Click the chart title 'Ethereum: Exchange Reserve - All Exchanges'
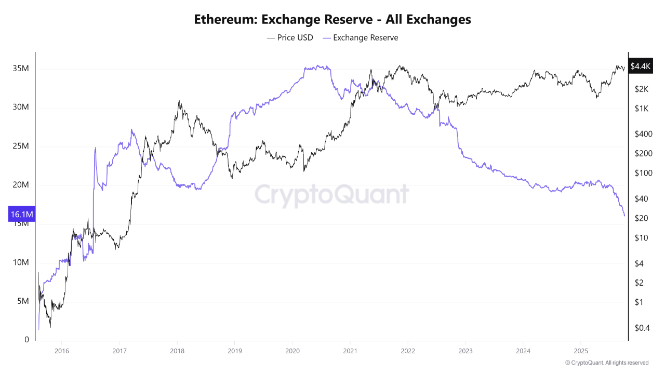coord(332,20)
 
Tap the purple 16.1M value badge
coord(22,214)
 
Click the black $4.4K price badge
coord(640,66)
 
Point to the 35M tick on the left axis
coord(21,69)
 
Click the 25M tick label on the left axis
coord(21,146)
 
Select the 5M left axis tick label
coord(23,301)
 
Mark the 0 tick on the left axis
coord(27,340)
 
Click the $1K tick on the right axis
coord(641,109)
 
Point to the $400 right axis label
coord(643,134)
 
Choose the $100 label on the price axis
coord(643,173)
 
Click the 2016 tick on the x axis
coord(61,350)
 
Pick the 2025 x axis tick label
coord(581,350)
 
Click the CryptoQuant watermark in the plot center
coord(331,194)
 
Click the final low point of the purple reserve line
coord(624,216)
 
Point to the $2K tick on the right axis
coord(642,89)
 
